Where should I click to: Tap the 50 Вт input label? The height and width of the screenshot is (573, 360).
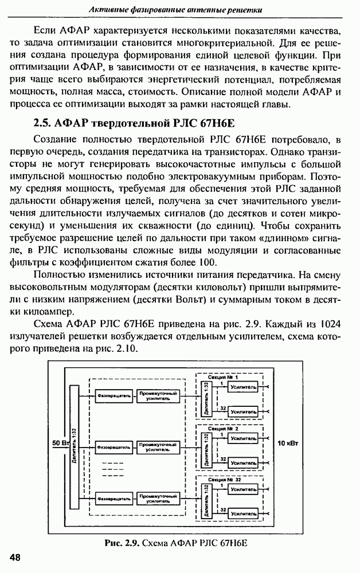click(60, 443)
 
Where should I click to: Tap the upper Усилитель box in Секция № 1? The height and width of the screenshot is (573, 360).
click(242, 388)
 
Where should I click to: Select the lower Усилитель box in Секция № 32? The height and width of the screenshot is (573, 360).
click(242, 515)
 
